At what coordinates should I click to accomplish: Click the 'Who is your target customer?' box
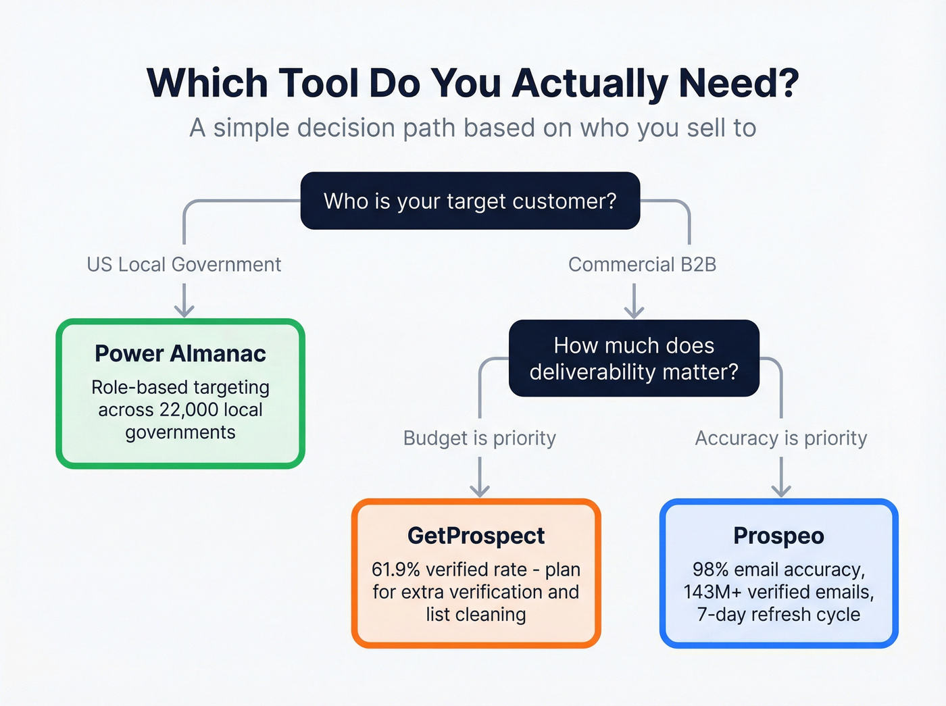point(470,201)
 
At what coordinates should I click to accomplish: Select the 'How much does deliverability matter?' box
point(634,358)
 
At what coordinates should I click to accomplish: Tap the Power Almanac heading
point(180,353)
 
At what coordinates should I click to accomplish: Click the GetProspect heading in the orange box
point(476,535)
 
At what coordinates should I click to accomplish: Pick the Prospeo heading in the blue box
point(778,535)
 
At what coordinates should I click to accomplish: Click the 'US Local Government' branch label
point(184,264)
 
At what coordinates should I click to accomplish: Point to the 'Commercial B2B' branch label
point(642,264)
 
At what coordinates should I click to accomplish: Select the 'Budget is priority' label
point(479,438)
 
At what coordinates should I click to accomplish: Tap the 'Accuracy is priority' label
point(780,438)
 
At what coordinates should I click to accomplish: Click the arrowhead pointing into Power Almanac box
point(184,311)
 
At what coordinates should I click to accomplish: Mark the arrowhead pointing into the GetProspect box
point(480,491)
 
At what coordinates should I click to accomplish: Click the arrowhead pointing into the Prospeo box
point(781,491)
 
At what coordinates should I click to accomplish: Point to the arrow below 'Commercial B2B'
point(634,301)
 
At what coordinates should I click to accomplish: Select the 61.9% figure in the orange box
point(396,570)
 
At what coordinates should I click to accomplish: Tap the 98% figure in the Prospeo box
point(710,570)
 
